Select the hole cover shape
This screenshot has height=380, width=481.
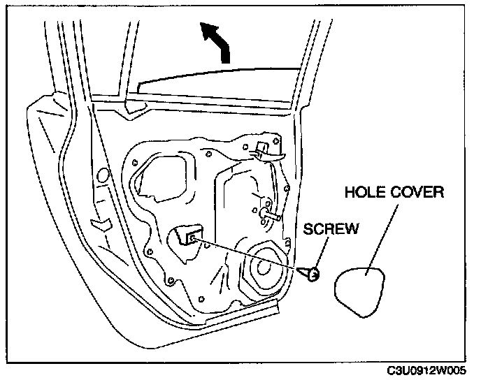[x=361, y=288]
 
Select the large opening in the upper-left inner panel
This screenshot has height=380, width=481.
[x=162, y=174]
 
